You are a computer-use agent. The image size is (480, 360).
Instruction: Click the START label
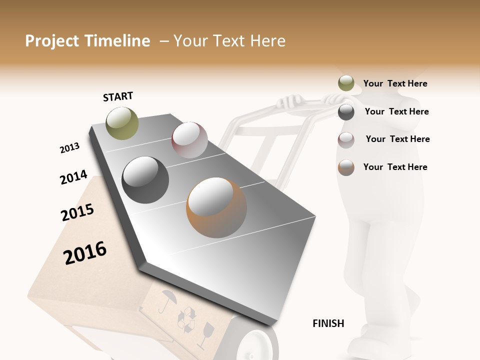(118, 96)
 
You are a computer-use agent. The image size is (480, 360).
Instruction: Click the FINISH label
(328, 323)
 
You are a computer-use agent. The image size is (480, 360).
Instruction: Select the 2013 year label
(69, 148)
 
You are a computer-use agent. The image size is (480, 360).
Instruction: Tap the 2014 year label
(73, 177)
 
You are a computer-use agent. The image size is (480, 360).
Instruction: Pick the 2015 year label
(77, 212)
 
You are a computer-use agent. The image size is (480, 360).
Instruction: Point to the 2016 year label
(85, 252)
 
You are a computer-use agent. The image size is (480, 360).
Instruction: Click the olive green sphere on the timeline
(122, 123)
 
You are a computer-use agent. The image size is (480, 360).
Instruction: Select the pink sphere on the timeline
(189, 140)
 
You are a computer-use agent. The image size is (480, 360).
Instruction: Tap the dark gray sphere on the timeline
(145, 180)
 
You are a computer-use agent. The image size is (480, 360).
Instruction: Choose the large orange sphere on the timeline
(216, 207)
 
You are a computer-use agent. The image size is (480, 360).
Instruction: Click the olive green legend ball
(346, 83)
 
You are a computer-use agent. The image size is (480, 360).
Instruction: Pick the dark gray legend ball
(346, 112)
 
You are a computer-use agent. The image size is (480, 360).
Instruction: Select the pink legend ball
(346, 139)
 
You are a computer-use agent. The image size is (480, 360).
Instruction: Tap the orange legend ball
(346, 167)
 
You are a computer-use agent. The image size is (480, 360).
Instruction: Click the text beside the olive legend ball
(395, 83)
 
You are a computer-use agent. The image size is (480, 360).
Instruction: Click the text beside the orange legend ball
(395, 167)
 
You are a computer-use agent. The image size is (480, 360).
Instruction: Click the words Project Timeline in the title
(87, 41)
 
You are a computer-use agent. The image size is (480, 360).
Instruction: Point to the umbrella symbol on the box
(167, 301)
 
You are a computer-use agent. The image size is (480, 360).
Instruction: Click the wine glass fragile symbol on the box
(205, 334)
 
